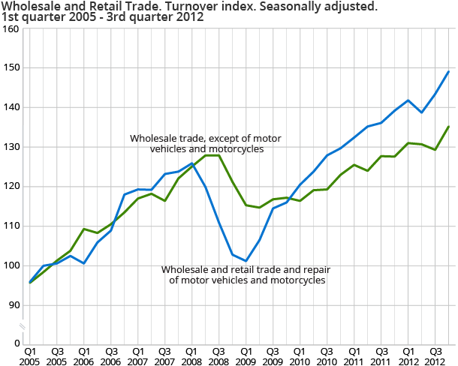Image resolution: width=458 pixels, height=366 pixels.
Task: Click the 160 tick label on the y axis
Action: [x=11, y=28]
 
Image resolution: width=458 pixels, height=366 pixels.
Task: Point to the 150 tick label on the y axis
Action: [x=11, y=68]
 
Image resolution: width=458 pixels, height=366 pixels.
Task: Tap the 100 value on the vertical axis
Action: [x=11, y=265]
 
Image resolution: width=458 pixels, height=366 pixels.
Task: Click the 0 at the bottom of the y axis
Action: [x=16, y=343]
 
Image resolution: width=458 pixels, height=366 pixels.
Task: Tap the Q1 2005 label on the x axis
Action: [x=31, y=355]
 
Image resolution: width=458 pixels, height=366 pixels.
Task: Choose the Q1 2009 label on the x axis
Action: [x=246, y=355]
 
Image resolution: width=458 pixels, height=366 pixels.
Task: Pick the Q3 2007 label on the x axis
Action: [x=165, y=355]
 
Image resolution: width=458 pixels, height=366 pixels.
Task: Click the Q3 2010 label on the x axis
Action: [x=327, y=355]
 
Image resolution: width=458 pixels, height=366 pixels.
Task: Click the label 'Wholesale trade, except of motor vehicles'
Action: [x=192, y=139]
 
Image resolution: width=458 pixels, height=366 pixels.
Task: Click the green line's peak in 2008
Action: [x=212, y=155]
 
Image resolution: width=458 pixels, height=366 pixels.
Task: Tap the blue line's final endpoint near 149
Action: [x=449, y=72]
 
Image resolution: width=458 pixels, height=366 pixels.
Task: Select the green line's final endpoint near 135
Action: [x=449, y=127]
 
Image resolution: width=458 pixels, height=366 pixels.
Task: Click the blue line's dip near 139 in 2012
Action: [x=421, y=112]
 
